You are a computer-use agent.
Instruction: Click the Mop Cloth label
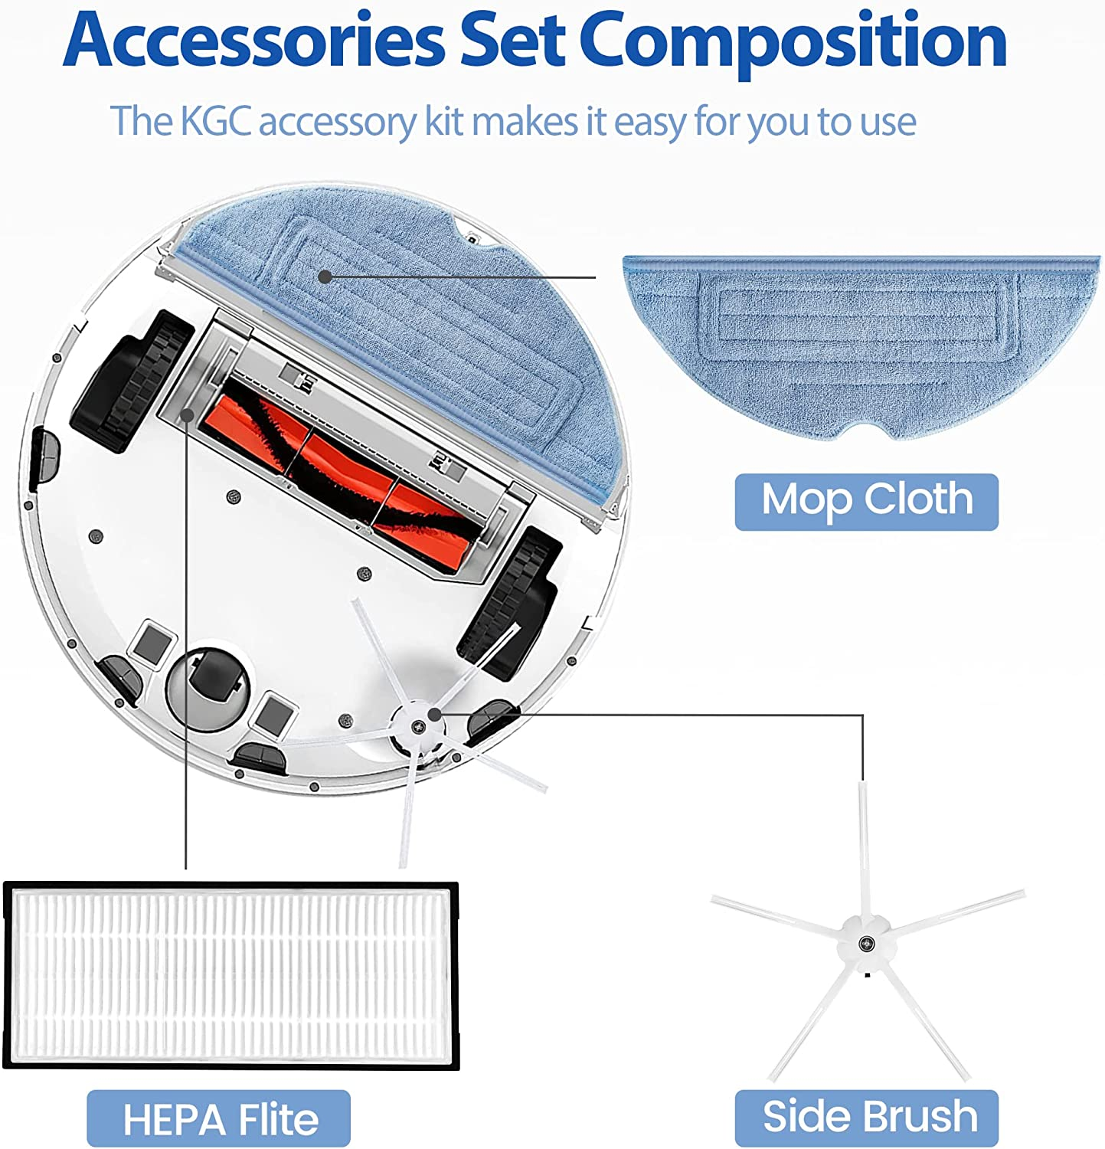[x=867, y=502]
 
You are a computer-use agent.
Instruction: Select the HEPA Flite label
[x=219, y=1118]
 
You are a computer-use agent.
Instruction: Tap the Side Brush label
[x=867, y=1118]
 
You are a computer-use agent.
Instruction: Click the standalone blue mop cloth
[x=861, y=345]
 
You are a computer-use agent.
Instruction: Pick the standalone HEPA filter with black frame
[x=232, y=976]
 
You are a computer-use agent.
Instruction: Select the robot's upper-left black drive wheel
[x=132, y=381]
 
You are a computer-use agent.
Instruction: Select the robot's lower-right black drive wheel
[x=509, y=601]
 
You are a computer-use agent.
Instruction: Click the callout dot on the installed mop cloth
[x=325, y=277]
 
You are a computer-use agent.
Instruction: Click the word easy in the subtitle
[x=649, y=123]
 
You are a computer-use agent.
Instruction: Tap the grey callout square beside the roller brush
[x=187, y=414]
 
